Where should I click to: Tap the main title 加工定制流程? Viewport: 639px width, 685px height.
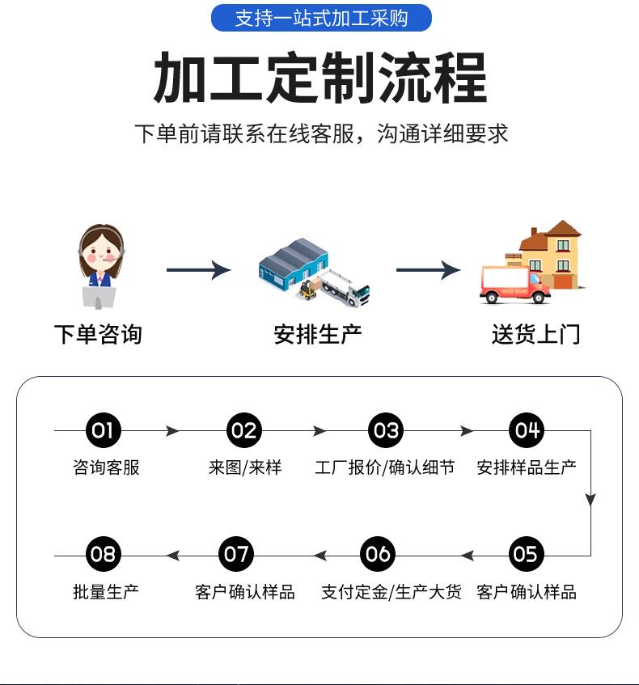(320, 78)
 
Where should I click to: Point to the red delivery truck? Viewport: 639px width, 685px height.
(514, 284)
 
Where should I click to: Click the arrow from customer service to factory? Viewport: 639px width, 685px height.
(198, 270)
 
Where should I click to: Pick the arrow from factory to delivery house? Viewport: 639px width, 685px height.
(428, 270)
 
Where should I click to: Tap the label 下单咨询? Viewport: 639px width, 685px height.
(98, 334)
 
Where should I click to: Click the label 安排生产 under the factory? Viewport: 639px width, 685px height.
(318, 334)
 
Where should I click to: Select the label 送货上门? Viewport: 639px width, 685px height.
(535, 334)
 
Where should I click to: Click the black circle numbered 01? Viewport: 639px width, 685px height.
(104, 430)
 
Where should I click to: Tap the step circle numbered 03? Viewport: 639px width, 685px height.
(385, 430)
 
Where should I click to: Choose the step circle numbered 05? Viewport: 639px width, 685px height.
(526, 555)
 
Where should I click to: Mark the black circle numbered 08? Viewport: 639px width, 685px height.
(104, 555)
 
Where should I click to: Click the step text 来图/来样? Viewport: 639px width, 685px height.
(244, 467)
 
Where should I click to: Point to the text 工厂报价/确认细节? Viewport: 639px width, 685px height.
(385, 467)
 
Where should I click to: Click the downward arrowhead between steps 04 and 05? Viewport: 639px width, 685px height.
(590, 498)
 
